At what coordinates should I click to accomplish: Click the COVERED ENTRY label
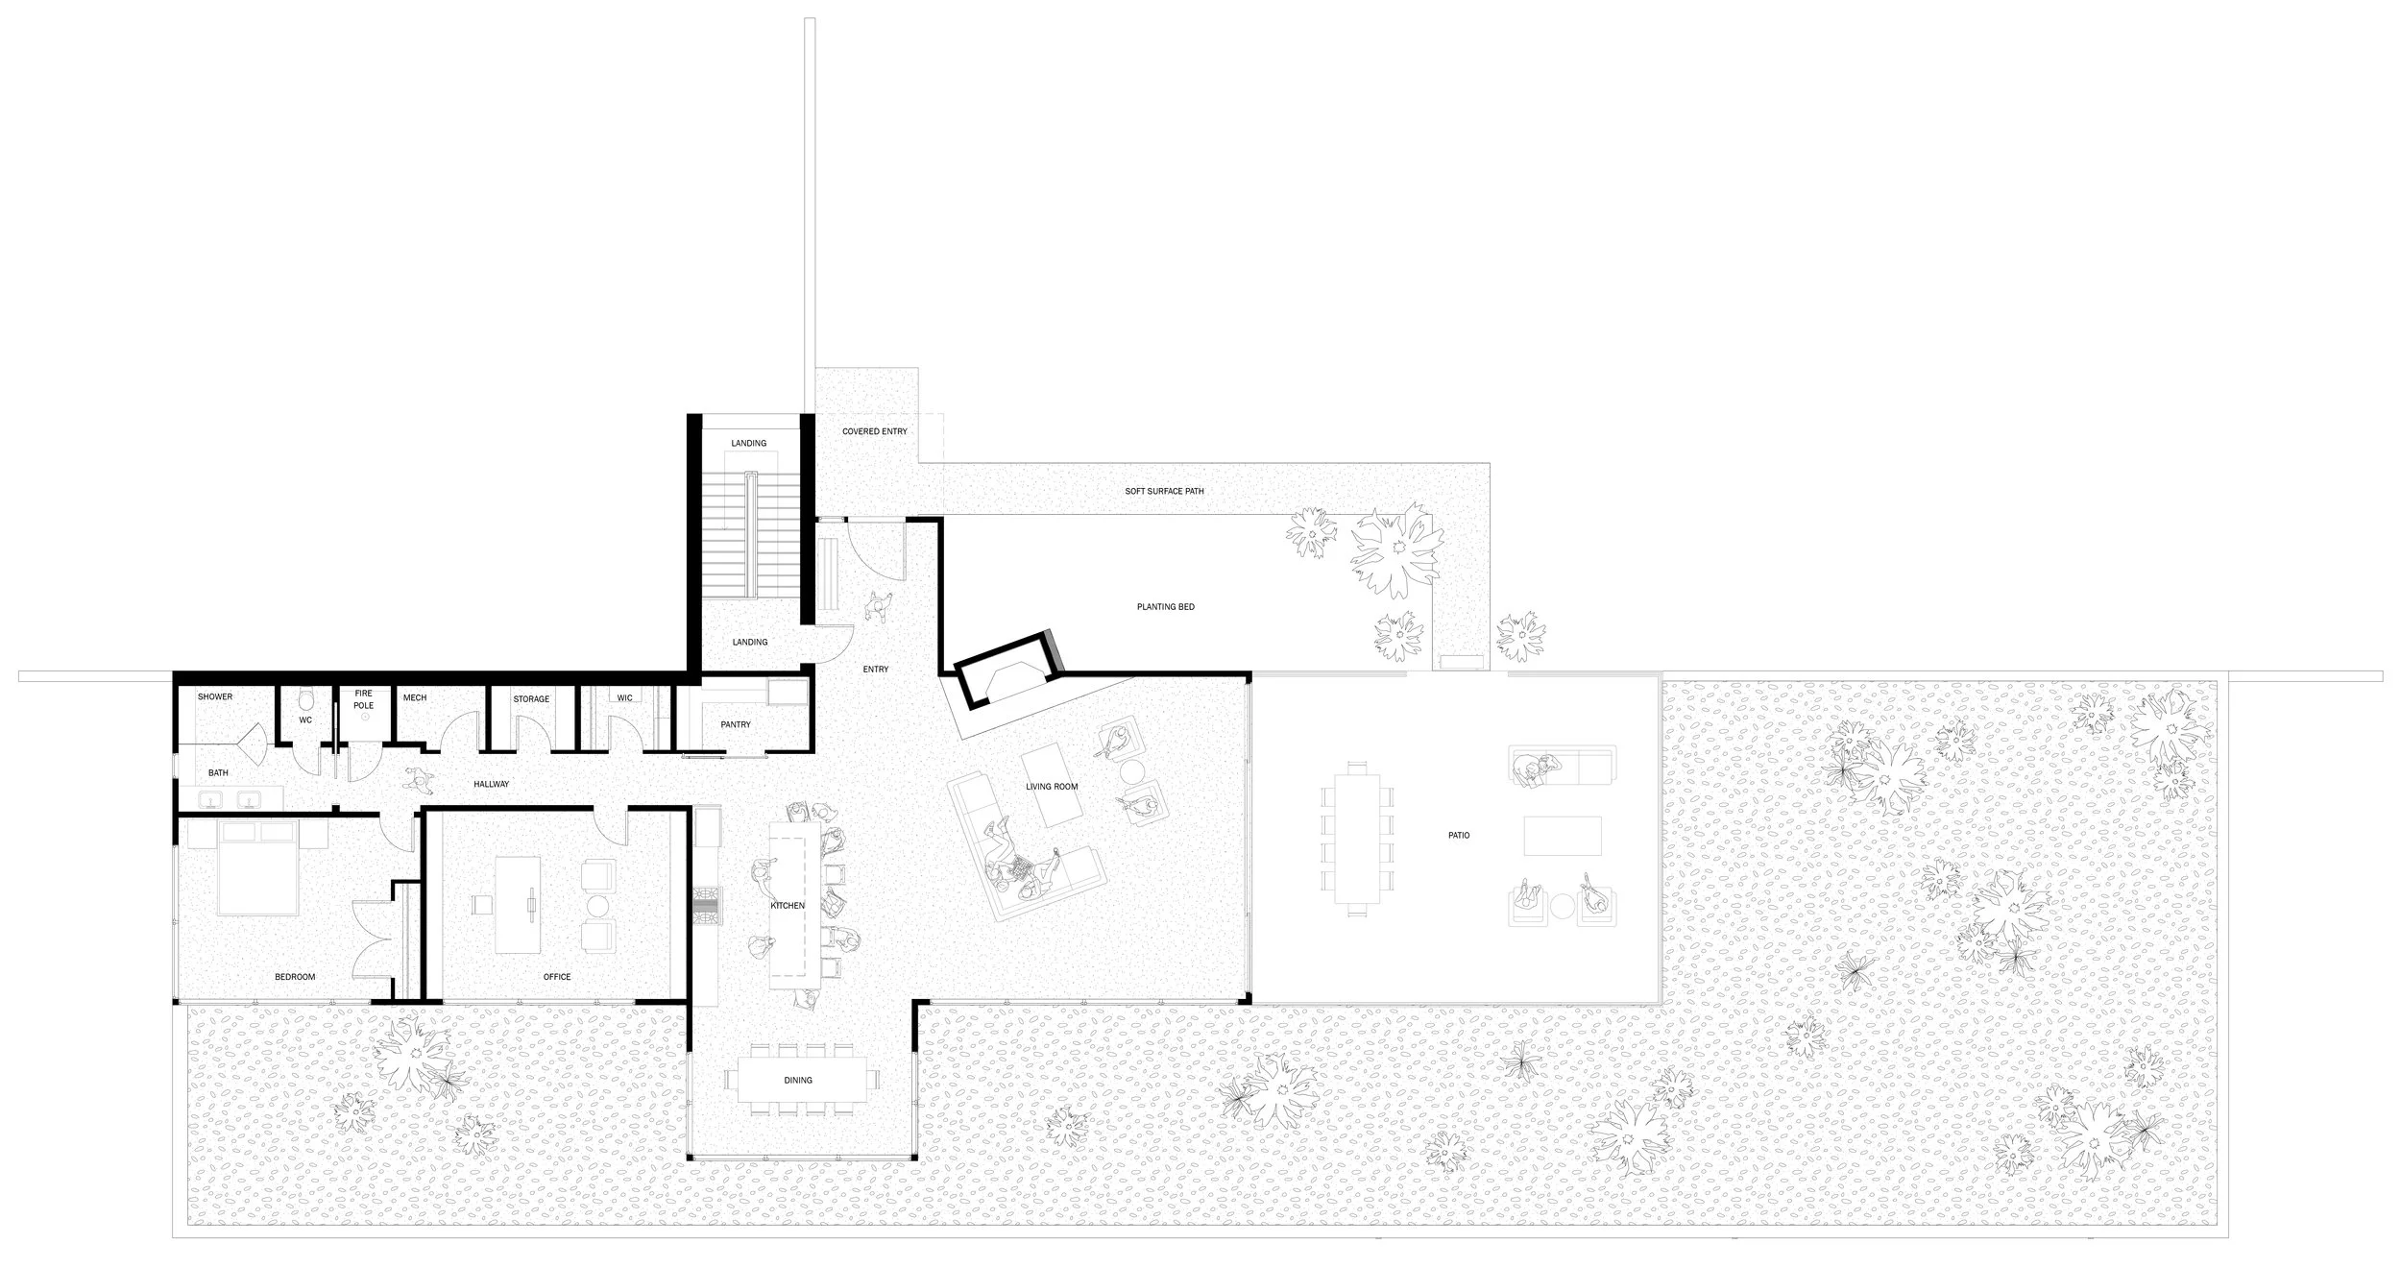(x=874, y=432)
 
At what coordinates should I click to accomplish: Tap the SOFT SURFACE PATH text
(x=1164, y=492)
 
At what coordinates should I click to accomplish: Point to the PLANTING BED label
(x=1165, y=607)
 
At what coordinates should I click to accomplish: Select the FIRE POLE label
(x=363, y=699)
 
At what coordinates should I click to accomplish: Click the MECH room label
(x=415, y=698)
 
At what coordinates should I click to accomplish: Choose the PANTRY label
(x=736, y=725)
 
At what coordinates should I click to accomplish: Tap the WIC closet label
(x=625, y=698)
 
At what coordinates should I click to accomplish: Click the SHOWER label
(x=215, y=697)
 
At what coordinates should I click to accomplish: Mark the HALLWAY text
(x=491, y=785)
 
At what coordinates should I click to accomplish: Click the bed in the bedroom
(x=254, y=869)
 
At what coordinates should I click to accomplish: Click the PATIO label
(x=1459, y=836)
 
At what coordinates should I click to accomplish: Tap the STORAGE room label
(x=530, y=699)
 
